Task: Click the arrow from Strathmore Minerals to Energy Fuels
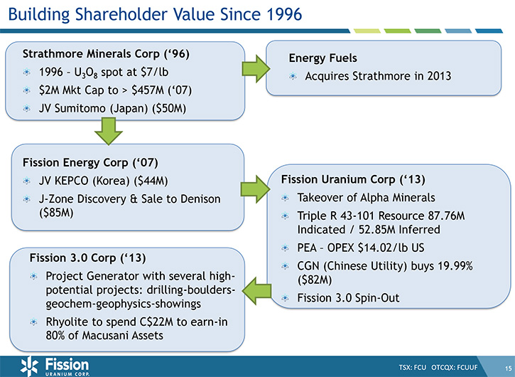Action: pos(256,69)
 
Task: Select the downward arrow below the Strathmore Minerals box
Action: pos(109,132)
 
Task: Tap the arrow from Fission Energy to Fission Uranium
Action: pos(256,188)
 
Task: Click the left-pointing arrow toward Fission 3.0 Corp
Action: pos(256,291)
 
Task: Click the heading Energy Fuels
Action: pos(323,58)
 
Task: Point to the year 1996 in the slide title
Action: pos(284,14)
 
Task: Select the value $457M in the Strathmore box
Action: pos(148,90)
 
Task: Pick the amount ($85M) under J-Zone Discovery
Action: pos(56,213)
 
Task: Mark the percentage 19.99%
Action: pos(455,265)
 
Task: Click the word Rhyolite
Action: pos(67,322)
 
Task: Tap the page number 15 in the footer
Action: pos(508,368)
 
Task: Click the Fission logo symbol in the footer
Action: pos(31,366)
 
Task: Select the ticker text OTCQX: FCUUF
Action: pos(454,367)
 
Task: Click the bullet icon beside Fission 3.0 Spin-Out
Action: pos(285,298)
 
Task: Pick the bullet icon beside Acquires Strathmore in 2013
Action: pos(293,77)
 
